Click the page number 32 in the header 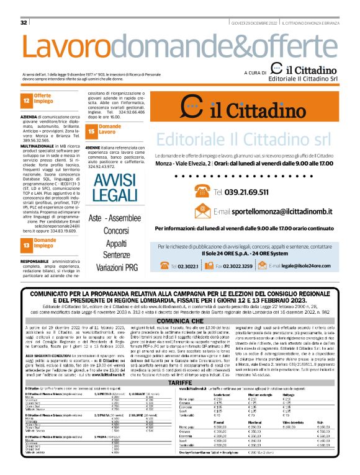click(24, 22)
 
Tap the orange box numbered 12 click(26, 100)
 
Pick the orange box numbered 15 click(91, 130)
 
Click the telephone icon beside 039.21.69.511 click(201, 174)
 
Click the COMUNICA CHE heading click(179, 321)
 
